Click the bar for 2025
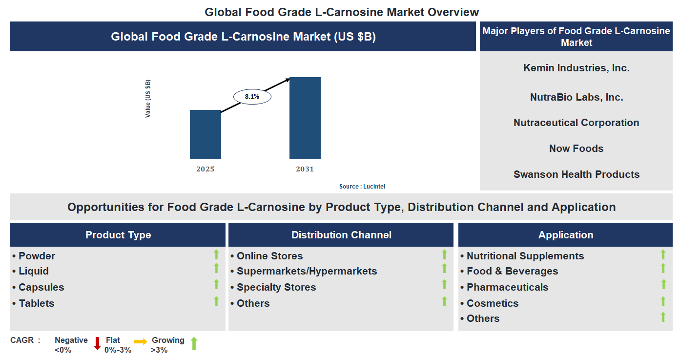click(x=205, y=134)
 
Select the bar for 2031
click(x=305, y=118)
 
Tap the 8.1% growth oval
click(x=252, y=97)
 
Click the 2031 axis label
click(x=305, y=169)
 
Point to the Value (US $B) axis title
click(x=148, y=98)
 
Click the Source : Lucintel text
click(x=365, y=187)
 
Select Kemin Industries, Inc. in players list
click(x=576, y=68)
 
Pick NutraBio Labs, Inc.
click(x=576, y=97)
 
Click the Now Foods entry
click(x=576, y=148)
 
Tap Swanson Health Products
click(x=576, y=174)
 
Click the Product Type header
click(x=118, y=235)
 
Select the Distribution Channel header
click(x=341, y=235)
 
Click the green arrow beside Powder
click(x=216, y=254)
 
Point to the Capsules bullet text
click(x=41, y=287)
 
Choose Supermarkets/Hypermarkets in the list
click(x=307, y=271)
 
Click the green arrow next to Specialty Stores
click(x=444, y=284)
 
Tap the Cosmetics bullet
click(x=492, y=303)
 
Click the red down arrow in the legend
click(x=97, y=343)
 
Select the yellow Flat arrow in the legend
click(x=141, y=342)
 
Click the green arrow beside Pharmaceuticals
click(x=663, y=284)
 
